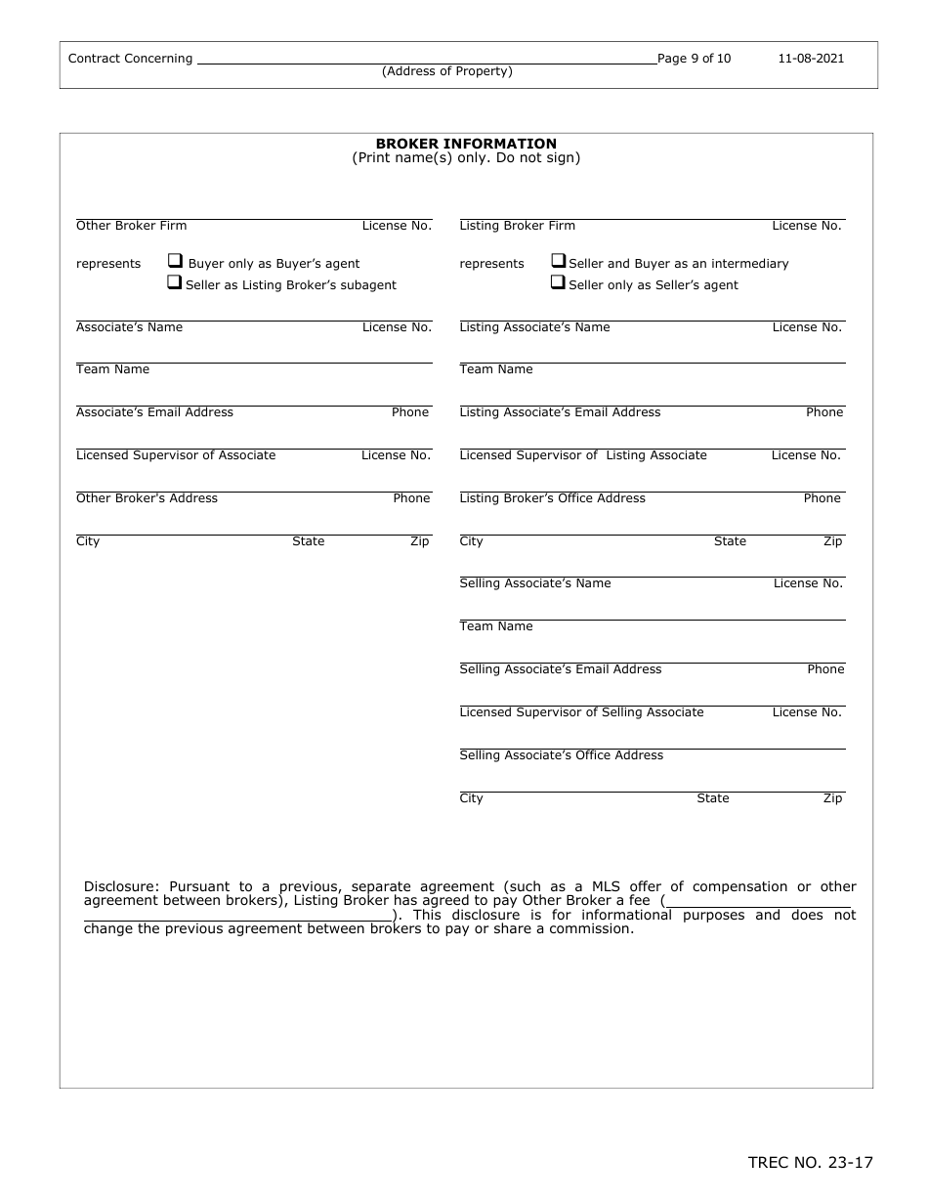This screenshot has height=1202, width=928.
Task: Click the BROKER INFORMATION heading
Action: [x=466, y=144]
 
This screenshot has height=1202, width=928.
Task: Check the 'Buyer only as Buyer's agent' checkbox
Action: [x=175, y=262]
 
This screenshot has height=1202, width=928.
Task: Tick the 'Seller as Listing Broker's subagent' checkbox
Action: [x=175, y=283]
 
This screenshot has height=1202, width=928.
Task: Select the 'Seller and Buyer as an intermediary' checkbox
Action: [x=559, y=262]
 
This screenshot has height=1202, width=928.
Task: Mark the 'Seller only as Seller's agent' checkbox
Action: [x=559, y=283]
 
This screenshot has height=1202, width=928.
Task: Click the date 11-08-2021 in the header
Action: [x=811, y=59]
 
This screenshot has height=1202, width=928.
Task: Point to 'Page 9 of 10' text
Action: [x=694, y=59]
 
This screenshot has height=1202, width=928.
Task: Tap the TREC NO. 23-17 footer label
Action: [x=810, y=1162]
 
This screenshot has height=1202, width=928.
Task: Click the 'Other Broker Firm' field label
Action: [x=131, y=226]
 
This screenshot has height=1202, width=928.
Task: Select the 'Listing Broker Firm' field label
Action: [x=517, y=226]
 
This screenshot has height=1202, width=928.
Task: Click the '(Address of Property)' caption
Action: [x=446, y=71]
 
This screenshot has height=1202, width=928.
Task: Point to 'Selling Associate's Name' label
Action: [x=534, y=583]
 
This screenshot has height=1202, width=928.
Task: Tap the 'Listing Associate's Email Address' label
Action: [x=560, y=412]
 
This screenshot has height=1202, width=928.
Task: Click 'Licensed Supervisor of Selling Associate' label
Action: [x=581, y=712]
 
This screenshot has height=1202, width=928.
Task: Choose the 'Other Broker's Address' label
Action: [x=147, y=498]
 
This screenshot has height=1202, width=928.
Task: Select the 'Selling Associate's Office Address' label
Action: [x=561, y=755]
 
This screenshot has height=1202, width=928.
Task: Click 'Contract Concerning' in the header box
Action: [x=130, y=59]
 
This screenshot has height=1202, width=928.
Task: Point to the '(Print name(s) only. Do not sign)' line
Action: [x=466, y=158]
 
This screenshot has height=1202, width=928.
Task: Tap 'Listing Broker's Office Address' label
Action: [x=552, y=498]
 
